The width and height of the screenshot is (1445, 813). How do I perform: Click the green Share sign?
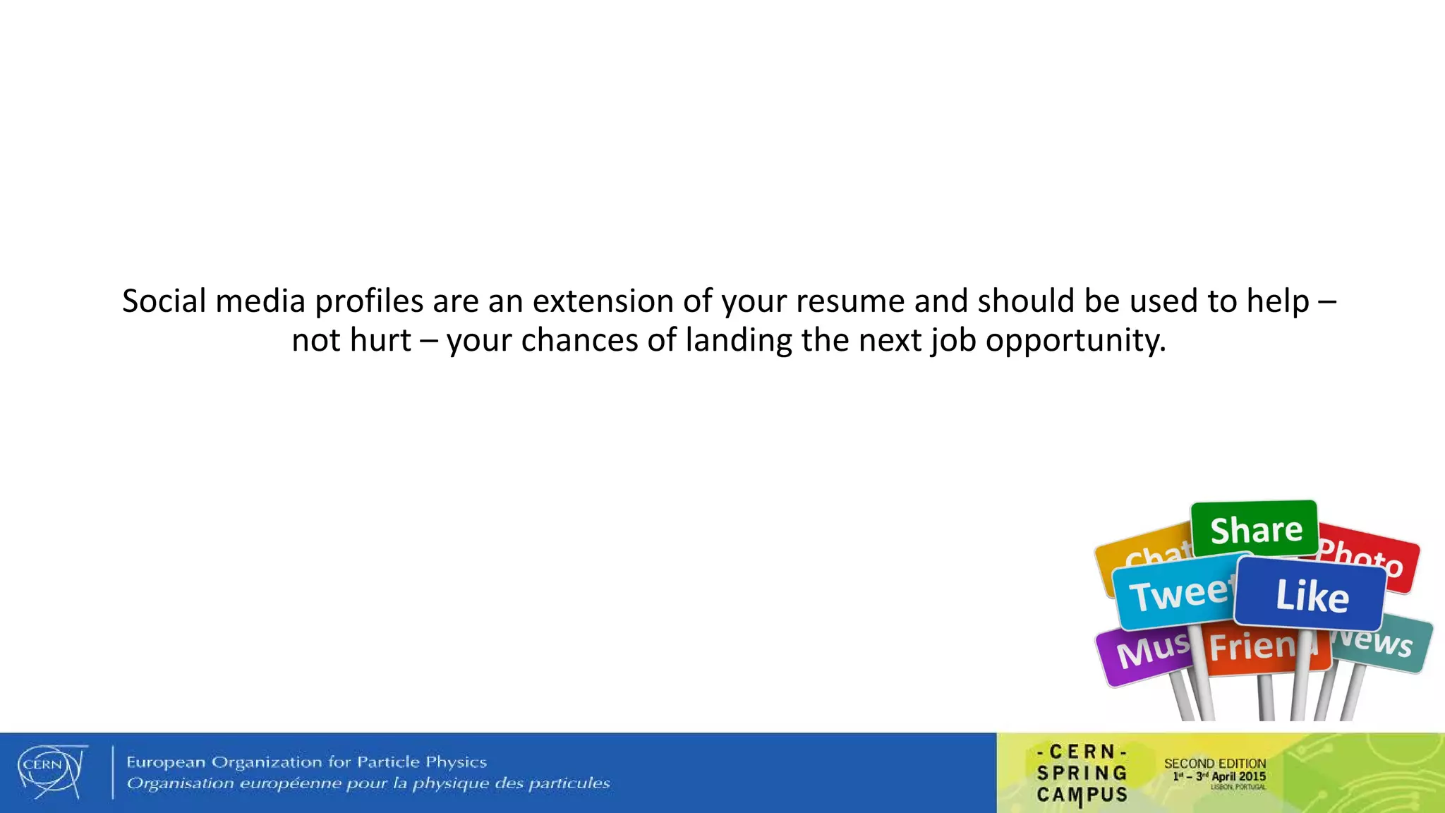(x=1255, y=529)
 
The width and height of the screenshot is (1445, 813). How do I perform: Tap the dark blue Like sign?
(x=1311, y=595)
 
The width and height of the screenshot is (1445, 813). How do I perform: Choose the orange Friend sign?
(x=1256, y=646)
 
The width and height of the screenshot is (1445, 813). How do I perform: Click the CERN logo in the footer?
(x=51, y=771)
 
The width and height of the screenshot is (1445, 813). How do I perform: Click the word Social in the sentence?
(x=164, y=301)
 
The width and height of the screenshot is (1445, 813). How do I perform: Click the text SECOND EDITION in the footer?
(x=1215, y=764)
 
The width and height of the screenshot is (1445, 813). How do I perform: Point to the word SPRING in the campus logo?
(x=1082, y=773)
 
